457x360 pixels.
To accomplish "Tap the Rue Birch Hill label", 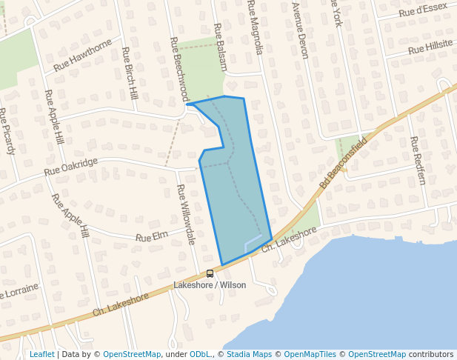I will click(x=130, y=74).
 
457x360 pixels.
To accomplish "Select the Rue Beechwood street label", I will click(x=179, y=70).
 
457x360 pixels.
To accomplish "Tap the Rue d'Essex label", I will click(x=423, y=9).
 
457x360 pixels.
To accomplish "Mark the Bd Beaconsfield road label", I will click(x=343, y=161).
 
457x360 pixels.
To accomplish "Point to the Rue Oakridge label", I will click(x=71, y=167).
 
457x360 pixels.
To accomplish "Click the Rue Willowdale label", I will click(x=186, y=215).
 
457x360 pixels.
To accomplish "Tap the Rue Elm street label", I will click(x=152, y=237).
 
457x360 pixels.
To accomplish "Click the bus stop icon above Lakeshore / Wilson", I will click(x=210, y=274).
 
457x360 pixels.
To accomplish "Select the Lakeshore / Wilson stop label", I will click(x=210, y=285).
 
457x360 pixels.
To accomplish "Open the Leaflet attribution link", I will click(x=42, y=355).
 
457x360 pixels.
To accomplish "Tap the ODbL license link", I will click(x=200, y=355).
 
